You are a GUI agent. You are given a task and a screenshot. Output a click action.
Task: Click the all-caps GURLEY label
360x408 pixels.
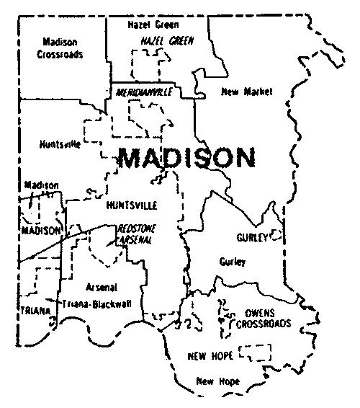[251, 237]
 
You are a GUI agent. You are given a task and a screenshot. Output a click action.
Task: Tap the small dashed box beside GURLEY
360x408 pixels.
[276, 235]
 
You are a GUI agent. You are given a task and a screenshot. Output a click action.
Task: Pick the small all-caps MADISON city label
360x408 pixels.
[40, 231]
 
